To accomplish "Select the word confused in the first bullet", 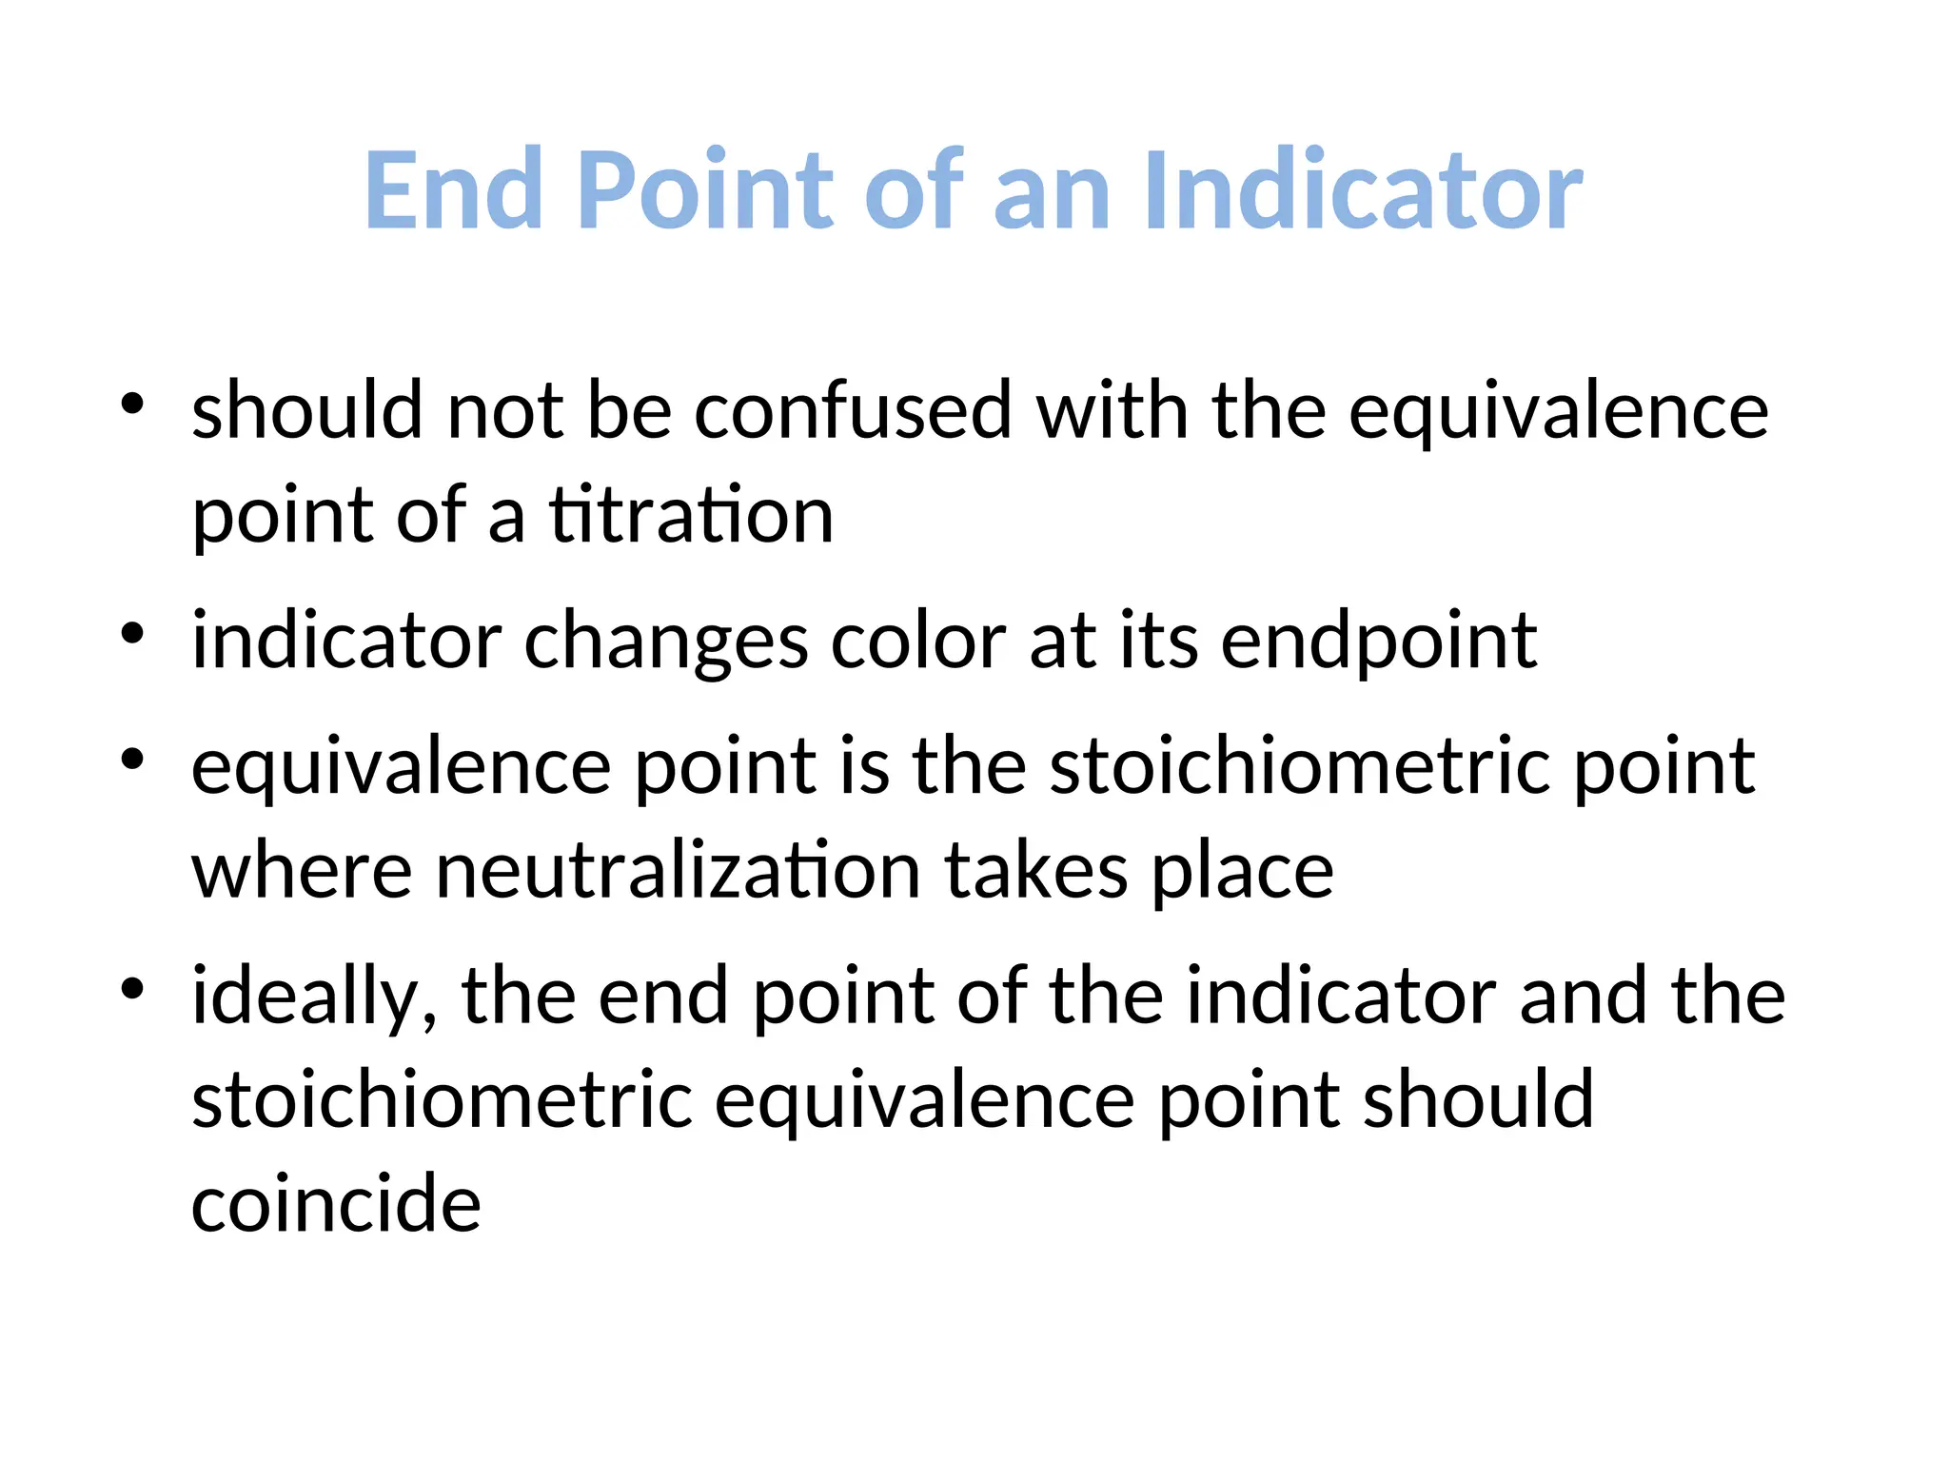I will tap(853, 411).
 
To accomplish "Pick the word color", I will tap(918, 642).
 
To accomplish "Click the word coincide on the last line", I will tap(336, 1204).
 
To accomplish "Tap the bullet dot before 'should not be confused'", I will tap(132, 404).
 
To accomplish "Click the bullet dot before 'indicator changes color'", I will tap(132, 633).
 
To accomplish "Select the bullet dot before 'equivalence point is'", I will tap(132, 759).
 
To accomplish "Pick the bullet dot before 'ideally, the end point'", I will tap(132, 989).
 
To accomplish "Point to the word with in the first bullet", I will tap(1112, 411).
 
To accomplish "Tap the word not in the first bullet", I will tap(505, 411).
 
